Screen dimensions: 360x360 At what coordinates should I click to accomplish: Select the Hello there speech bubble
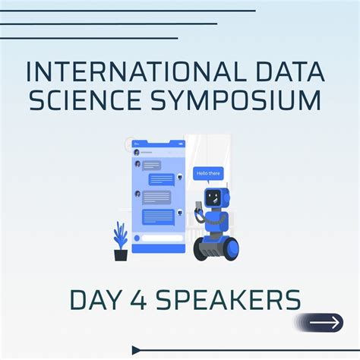click(208, 174)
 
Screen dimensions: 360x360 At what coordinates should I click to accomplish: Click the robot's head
click(215, 197)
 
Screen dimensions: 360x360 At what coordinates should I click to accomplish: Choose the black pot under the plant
click(120, 254)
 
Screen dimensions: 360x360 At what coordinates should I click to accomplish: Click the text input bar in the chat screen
click(158, 238)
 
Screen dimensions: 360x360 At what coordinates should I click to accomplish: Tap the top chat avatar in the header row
click(137, 152)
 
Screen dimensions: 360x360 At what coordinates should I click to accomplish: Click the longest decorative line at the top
click(128, 11)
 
